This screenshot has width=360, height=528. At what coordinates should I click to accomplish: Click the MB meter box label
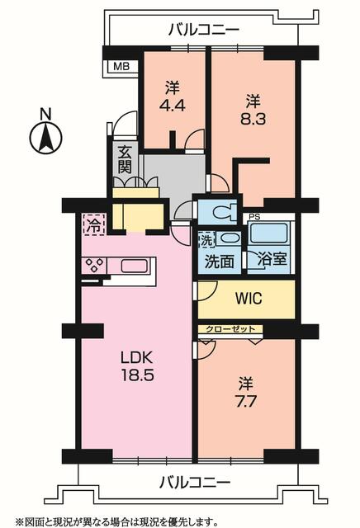click(121, 66)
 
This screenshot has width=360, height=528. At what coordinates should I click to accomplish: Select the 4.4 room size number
click(172, 106)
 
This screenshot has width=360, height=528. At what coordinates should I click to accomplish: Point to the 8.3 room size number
click(253, 119)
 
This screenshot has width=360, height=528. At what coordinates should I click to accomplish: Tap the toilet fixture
click(223, 211)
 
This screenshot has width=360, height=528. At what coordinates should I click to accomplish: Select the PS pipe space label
click(255, 217)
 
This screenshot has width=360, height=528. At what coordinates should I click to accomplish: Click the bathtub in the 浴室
click(268, 233)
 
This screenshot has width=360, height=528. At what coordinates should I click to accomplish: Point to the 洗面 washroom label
click(220, 262)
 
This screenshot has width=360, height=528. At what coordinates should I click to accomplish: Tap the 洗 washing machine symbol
click(206, 239)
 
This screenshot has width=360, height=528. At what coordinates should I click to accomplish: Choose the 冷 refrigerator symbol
click(94, 224)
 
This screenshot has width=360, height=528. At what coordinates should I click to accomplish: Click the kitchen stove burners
click(94, 266)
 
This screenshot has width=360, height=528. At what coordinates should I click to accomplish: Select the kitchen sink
click(134, 266)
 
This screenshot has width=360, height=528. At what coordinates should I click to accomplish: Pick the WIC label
click(249, 299)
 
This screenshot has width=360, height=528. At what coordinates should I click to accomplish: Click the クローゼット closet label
click(230, 328)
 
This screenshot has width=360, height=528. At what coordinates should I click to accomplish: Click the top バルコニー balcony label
click(204, 30)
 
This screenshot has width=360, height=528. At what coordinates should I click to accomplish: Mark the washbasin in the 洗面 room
click(228, 238)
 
